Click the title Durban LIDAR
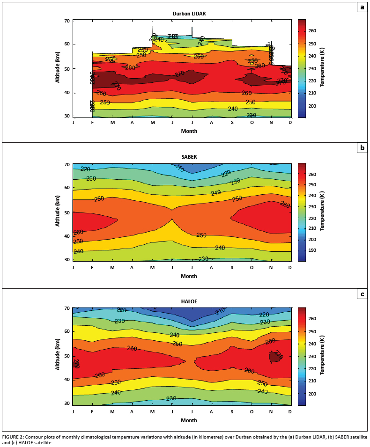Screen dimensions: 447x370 (x=189, y=14)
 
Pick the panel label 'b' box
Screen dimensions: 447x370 (x=362, y=148)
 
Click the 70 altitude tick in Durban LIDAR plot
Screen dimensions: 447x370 (x=67, y=21)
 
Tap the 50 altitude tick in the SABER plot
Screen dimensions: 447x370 (x=67, y=213)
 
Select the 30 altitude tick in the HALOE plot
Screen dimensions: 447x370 (x=67, y=403)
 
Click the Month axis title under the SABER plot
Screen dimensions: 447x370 (x=189, y=276)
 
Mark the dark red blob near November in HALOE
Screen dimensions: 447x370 (x=275, y=357)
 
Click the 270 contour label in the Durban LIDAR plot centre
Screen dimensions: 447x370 (x=179, y=74)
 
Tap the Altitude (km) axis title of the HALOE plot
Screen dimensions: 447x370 (x=58, y=356)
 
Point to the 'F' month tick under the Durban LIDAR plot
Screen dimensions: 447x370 (x=92, y=123)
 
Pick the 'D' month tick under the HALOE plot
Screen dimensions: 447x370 (x=290, y=411)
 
